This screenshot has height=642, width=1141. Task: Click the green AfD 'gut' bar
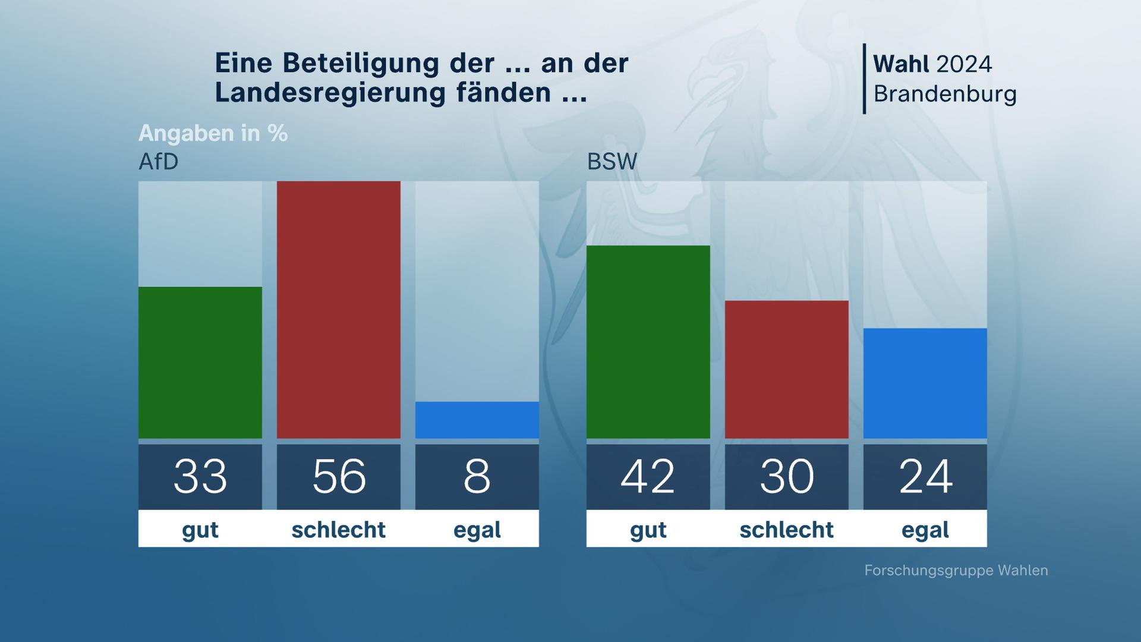[200, 363]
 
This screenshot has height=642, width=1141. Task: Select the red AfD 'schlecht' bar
[339, 310]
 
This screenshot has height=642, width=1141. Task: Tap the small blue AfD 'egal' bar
[477, 420]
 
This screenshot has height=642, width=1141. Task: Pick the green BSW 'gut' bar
[648, 342]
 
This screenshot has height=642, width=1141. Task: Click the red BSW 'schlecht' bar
[787, 369]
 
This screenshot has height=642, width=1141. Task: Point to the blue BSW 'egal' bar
[925, 383]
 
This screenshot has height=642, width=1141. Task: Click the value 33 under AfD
[200, 476]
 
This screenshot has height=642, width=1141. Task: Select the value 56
[339, 476]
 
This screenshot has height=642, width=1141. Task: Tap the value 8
[477, 476]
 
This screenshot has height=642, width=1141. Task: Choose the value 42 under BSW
[648, 476]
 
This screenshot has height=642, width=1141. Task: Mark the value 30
[787, 476]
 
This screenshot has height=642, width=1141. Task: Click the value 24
[925, 476]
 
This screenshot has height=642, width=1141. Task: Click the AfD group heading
[159, 162]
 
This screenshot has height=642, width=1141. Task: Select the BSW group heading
[612, 162]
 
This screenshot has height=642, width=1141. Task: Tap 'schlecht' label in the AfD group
[339, 529]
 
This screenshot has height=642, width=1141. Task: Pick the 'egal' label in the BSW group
[925, 529]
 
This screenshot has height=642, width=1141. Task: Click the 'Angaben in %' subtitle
[213, 133]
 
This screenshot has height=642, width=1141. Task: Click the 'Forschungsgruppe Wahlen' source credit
[956, 571]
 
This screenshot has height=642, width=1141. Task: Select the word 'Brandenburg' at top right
[945, 94]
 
